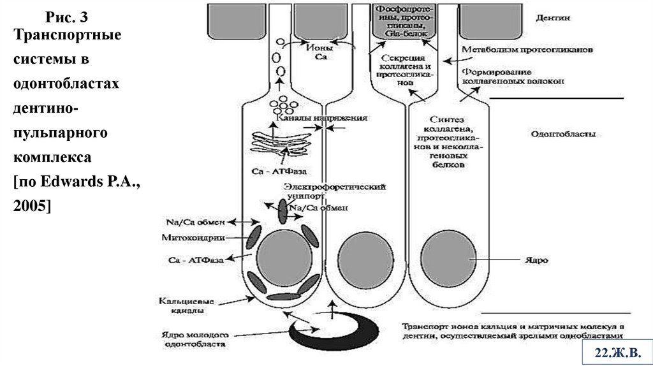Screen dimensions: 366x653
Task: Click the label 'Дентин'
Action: [x=548, y=19]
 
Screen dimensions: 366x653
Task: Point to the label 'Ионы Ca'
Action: [x=321, y=52]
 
